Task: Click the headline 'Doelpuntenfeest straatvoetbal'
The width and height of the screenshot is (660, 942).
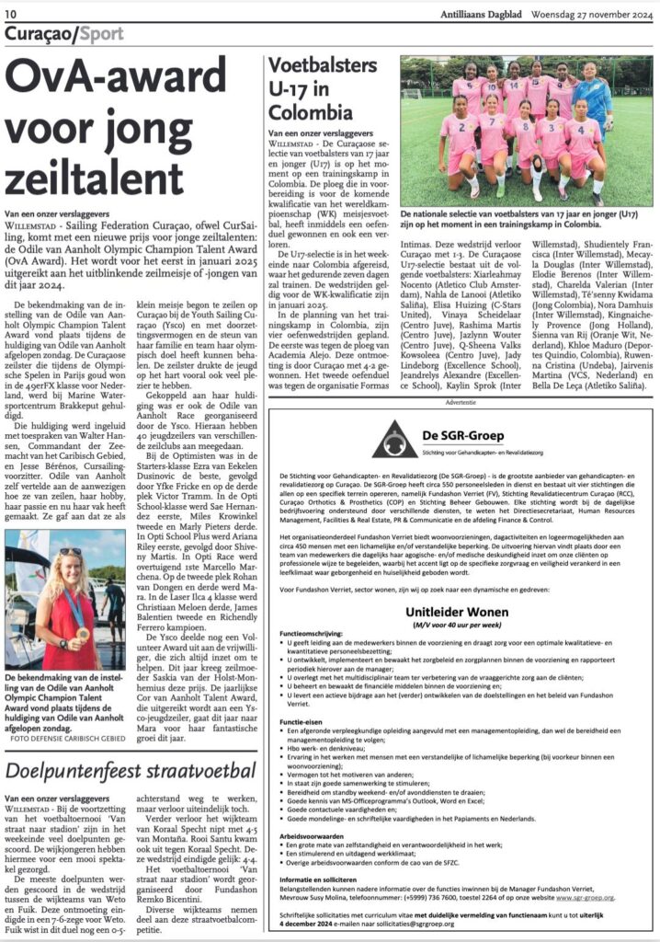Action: (131, 768)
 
